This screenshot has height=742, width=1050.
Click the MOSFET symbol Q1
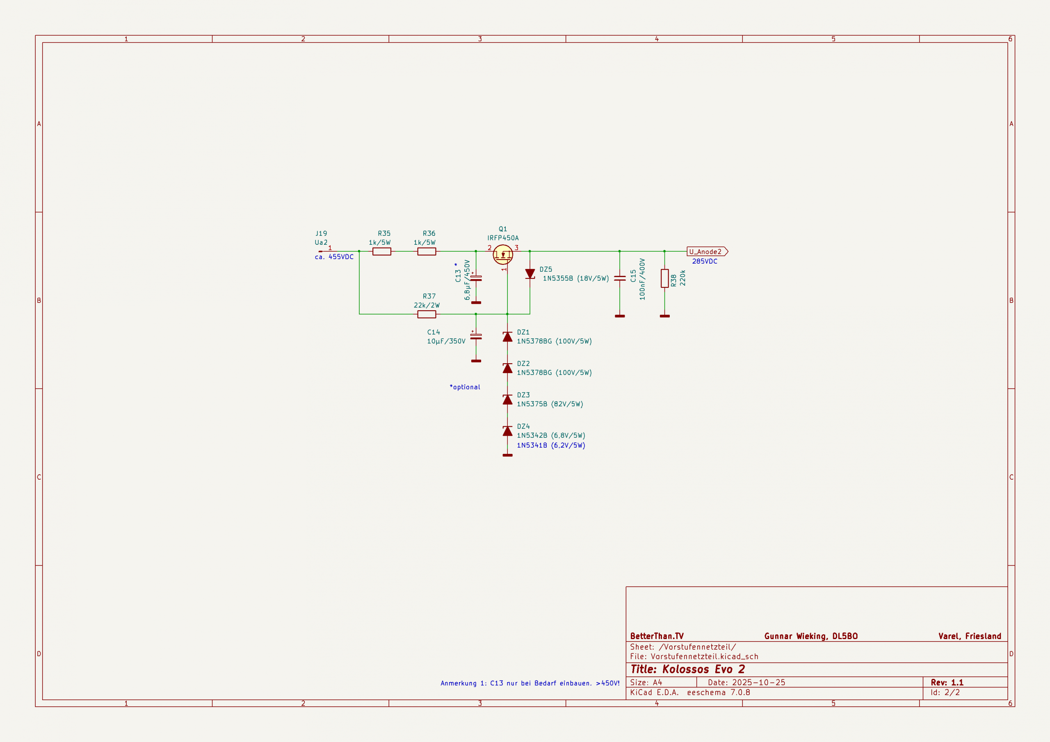(502, 254)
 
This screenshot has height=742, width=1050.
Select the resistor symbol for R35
(381, 251)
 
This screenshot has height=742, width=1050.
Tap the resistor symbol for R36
(426, 251)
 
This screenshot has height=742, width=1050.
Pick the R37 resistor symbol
(426, 314)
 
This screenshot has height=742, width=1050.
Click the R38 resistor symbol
(664, 278)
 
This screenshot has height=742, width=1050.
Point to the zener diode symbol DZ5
(530, 273)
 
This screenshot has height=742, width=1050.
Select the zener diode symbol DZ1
(507, 337)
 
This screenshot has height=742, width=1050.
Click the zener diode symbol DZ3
(507, 400)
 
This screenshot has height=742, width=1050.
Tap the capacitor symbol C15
(620, 278)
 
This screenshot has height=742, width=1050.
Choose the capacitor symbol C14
(476, 337)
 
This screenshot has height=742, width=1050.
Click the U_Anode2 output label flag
(707, 251)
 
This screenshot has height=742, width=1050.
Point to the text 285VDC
(704, 262)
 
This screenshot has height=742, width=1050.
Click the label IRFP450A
(502, 238)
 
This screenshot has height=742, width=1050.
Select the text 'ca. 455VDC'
(334, 257)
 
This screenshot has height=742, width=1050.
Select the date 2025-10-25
(758, 682)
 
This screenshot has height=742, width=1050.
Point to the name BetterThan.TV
(657, 636)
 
